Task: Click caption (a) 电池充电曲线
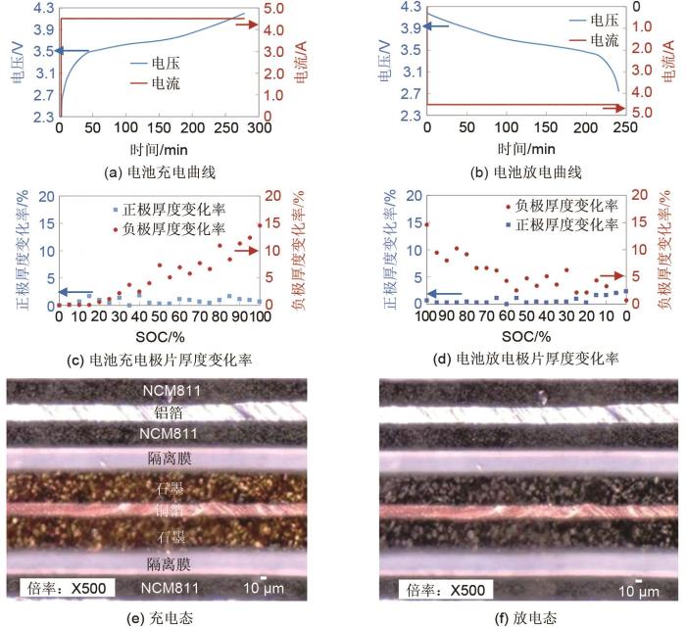159,172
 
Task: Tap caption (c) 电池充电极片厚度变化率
159,359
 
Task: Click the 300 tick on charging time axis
260,128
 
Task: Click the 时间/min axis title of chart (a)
159,148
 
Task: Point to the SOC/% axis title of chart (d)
525,335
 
